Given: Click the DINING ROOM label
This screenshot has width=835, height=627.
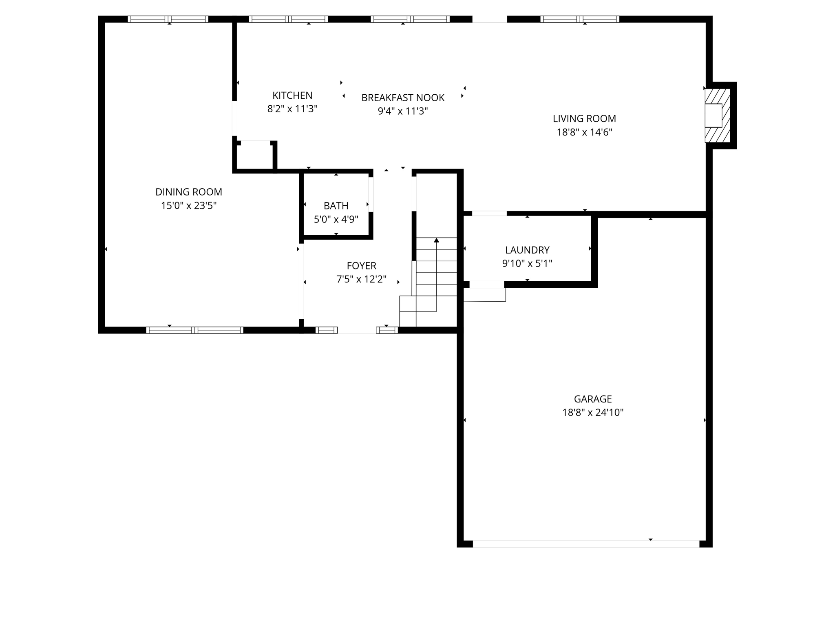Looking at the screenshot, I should tap(188, 192).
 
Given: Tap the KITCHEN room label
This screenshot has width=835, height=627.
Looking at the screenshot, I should tap(292, 96).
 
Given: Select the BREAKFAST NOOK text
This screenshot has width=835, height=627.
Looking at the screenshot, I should tap(403, 98).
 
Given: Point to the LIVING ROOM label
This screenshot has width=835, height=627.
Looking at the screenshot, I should tap(584, 119).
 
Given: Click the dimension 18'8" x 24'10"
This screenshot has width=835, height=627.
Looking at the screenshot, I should tap(593, 413).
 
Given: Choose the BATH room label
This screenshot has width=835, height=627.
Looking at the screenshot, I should tap(336, 206).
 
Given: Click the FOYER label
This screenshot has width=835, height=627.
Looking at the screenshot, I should tap(361, 266).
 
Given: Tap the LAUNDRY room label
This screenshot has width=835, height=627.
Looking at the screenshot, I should tap(527, 250).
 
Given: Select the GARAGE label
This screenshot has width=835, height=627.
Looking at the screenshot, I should tap(593, 399).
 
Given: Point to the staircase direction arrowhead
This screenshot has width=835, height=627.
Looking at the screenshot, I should tap(436, 240).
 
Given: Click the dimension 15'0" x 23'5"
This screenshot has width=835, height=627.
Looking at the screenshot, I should tap(188, 205).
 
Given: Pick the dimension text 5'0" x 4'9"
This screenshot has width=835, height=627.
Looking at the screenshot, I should tap(336, 220).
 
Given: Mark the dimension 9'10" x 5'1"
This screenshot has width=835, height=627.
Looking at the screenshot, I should tap(527, 264).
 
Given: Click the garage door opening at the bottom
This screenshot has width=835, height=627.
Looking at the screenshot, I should tap(585, 544).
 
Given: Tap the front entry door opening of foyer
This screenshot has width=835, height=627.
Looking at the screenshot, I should tap(357, 331).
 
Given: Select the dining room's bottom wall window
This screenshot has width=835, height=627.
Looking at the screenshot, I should tap(195, 330).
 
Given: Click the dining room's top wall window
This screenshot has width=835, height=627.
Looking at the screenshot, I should tap(168, 19).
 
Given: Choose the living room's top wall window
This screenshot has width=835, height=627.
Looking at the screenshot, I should tap(579, 19).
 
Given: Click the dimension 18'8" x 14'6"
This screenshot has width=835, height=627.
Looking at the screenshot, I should tap(584, 132).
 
